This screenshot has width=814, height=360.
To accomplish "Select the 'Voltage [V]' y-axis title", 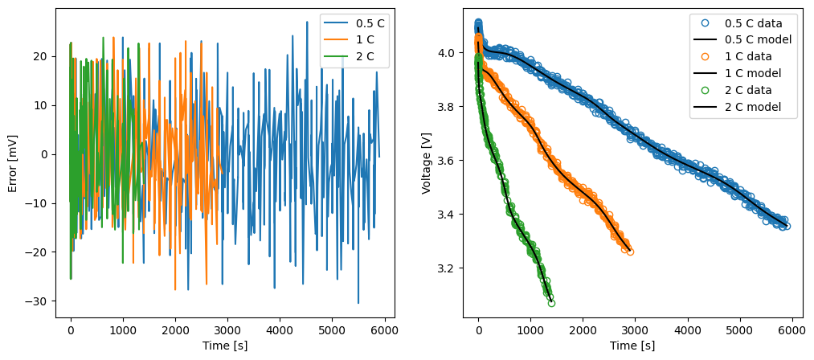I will coord(426,163).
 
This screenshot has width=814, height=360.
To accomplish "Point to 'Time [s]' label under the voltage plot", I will coord(632,346).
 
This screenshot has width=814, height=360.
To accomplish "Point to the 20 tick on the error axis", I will coord(41,56).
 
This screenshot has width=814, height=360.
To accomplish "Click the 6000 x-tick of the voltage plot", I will coord(792,330).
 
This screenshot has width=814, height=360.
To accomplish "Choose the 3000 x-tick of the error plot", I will coord(227,330).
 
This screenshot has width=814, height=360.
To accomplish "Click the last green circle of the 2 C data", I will coord(551,303).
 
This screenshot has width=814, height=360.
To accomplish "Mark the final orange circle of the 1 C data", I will coord(630,252).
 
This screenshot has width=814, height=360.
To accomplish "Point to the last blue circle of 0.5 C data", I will coord(787,226).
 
